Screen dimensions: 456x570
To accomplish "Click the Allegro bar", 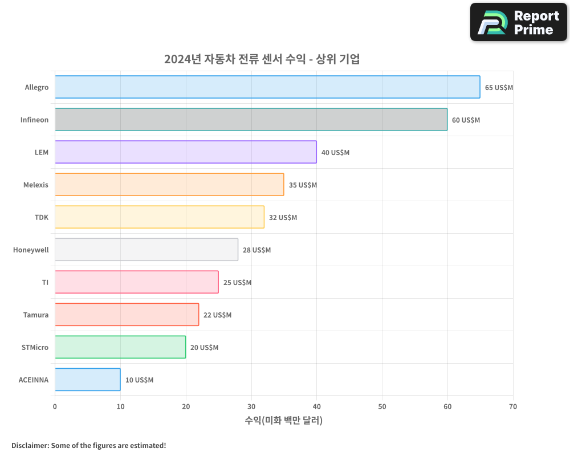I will coord(267,87).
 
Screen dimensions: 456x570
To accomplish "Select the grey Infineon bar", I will coord(251,120).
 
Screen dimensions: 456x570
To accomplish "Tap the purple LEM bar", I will coord(185,152).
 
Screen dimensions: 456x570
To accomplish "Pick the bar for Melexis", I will coord(169,185).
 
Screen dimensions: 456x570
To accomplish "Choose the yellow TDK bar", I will coord(160,217).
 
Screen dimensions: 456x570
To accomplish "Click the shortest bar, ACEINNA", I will coord(87,380).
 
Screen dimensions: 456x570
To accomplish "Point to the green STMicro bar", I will coord(120,347).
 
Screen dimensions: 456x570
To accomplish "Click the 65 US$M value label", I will coord(499,88).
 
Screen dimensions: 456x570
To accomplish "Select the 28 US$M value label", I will coord(256,250).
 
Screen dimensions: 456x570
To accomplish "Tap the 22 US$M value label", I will coord(217,315).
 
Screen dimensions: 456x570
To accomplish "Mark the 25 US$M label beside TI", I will coord(237,283).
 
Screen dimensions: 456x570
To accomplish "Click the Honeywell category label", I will coord(31,250).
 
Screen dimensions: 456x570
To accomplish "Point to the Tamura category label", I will coord(36,315).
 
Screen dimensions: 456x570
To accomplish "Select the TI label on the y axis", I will coord(45,283).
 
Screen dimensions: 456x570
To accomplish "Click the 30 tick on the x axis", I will coord(251,407).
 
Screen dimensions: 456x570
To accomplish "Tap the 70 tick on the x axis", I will coord(512,407).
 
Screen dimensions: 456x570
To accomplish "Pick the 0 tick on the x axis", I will coord(55,407).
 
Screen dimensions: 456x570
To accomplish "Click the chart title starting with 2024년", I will coord(262,59).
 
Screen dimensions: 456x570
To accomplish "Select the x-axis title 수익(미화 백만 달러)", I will coord(283,421).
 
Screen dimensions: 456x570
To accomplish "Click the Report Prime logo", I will coord(519,22).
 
